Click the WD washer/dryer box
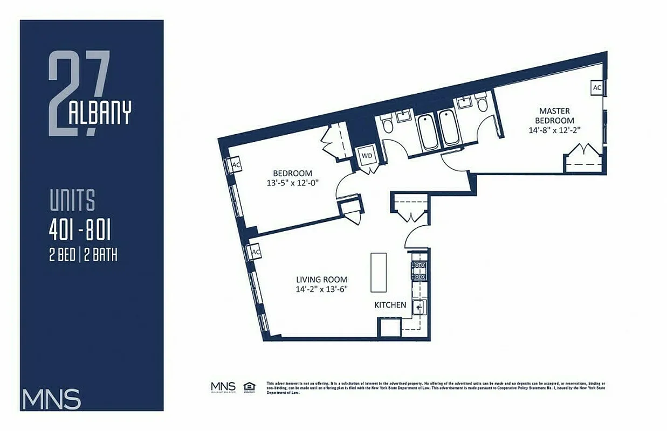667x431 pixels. pyautogui.click(x=367, y=155)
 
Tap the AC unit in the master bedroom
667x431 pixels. pyautogui.click(x=597, y=87)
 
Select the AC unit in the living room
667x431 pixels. pyautogui.click(x=256, y=252)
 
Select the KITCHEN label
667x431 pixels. pyautogui.click(x=390, y=305)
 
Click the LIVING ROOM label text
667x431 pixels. pyautogui.click(x=321, y=280)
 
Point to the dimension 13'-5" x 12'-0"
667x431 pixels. pyautogui.click(x=293, y=182)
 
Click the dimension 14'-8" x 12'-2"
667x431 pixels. pyautogui.click(x=554, y=130)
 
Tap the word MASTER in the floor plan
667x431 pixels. pyautogui.click(x=554, y=111)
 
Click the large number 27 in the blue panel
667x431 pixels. pyautogui.click(x=78, y=92)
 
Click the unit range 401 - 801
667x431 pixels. pyautogui.click(x=80, y=231)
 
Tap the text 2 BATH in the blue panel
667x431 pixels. pyautogui.click(x=101, y=255)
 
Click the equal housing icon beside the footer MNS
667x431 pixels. pyautogui.click(x=249, y=386)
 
